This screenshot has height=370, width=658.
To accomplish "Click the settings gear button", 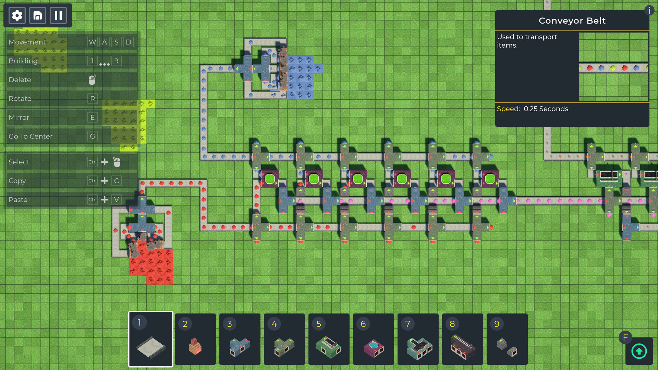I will click(17, 15).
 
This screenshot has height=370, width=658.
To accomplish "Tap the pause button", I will click(58, 15).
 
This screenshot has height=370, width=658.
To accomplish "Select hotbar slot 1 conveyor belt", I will click(151, 339).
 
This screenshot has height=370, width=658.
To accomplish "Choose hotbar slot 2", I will click(195, 339).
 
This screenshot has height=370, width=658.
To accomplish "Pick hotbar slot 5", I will click(329, 339).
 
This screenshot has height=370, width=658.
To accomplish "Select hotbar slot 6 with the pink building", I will click(374, 339).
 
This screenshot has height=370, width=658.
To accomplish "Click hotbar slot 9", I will click(507, 339).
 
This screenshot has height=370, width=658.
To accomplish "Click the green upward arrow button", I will click(639, 351).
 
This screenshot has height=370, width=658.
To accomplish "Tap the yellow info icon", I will click(649, 11).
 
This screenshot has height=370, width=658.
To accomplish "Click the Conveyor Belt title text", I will click(572, 21).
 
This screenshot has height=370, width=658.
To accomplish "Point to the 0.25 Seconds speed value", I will click(546, 109).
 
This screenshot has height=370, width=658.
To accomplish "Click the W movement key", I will click(93, 42).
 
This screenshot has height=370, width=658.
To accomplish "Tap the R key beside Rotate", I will click(93, 99).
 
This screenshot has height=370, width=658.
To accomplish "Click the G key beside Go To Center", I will click(93, 136).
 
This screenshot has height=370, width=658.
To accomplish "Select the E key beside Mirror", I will click(93, 118).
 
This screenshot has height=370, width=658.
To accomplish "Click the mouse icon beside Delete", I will click(92, 80).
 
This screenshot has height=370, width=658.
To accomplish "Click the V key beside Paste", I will click(117, 200).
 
